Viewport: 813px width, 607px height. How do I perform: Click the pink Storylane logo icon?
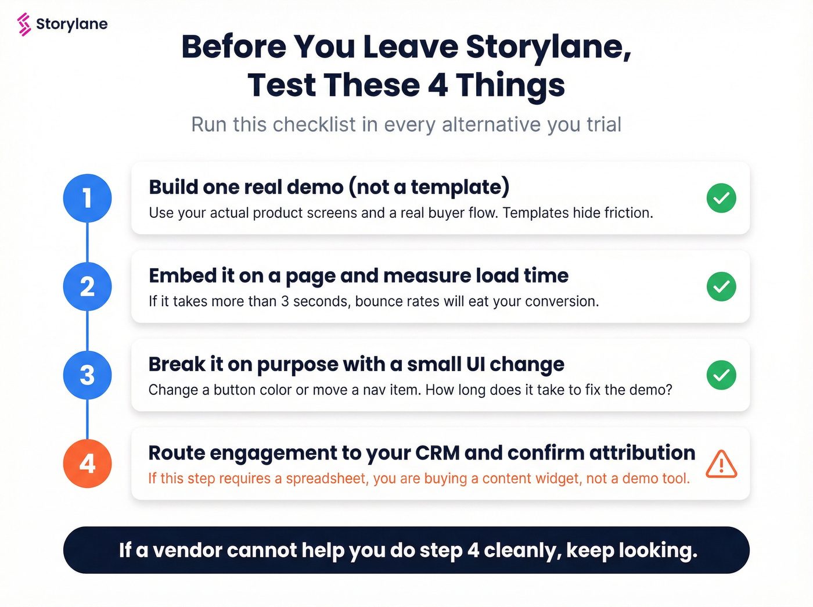(24, 24)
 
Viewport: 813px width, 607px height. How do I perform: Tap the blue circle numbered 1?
(87, 198)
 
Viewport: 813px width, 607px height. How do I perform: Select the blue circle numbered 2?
(87, 286)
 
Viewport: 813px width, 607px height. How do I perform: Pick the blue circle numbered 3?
(87, 375)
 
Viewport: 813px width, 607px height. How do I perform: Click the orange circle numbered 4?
(87, 464)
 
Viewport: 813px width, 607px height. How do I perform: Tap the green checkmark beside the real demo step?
(721, 198)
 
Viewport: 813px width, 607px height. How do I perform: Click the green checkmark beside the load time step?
(721, 286)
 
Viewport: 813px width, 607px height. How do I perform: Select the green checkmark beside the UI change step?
(721, 375)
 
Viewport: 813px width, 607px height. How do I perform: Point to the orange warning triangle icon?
(721, 464)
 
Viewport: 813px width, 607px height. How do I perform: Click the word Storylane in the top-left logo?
(71, 24)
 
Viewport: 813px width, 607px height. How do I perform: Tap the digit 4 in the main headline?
(438, 85)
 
